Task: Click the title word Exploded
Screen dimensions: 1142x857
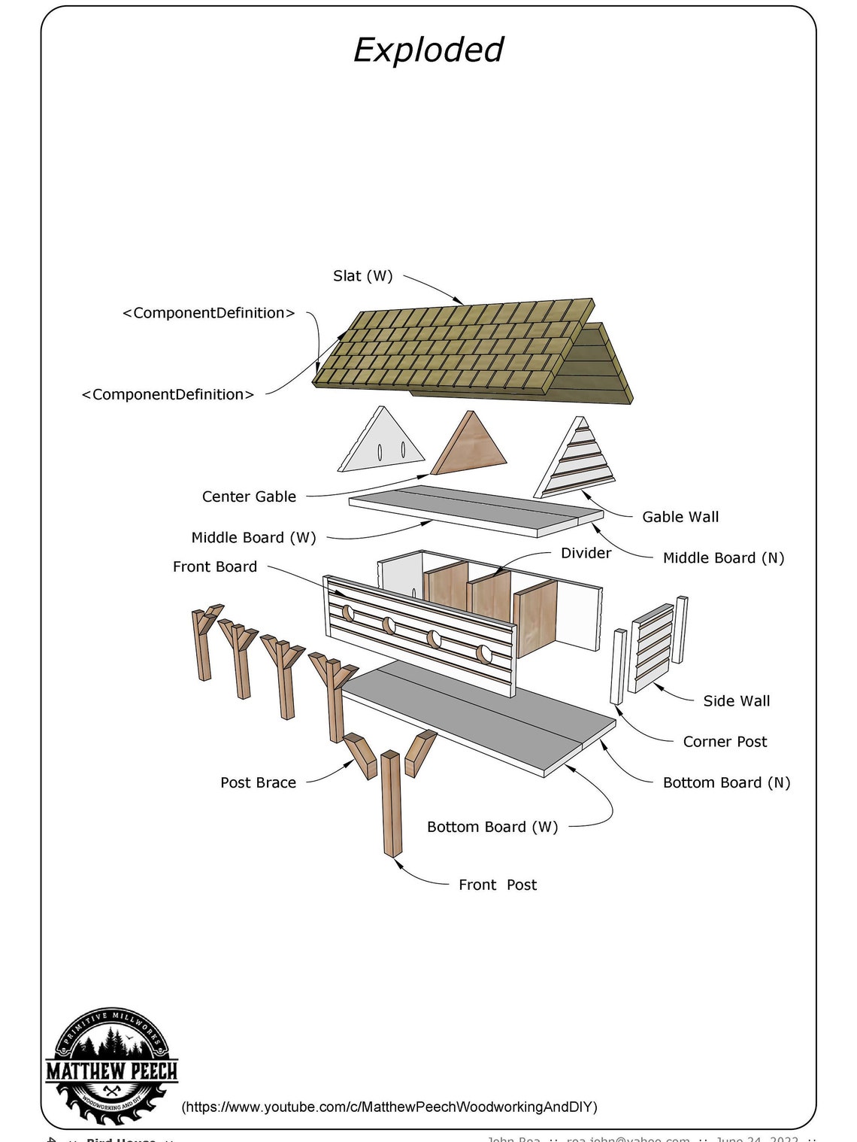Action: (x=428, y=50)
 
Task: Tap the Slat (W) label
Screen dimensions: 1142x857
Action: (x=362, y=276)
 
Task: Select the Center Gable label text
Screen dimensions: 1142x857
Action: (x=249, y=497)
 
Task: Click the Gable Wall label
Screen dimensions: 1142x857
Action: (x=680, y=517)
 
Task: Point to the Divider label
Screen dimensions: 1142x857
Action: (x=586, y=553)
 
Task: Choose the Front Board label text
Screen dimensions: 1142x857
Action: (x=215, y=566)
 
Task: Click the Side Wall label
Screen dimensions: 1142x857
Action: (x=736, y=701)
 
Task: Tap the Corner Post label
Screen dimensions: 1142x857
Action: (x=725, y=742)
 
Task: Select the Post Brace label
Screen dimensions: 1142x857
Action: (x=258, y=782)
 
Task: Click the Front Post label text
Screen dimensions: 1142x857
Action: (x=498, y=885)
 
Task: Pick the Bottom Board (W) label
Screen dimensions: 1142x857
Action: (x=492, y=827)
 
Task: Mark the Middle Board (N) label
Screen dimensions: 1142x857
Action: (x=723, y=558)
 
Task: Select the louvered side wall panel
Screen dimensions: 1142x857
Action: (x=653, y=647)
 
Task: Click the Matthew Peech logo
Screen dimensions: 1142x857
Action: (x=111, y=1068)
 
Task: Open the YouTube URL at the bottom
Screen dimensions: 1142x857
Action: (x=389, y=1107)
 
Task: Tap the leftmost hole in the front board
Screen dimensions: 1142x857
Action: (x=348, y=612)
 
